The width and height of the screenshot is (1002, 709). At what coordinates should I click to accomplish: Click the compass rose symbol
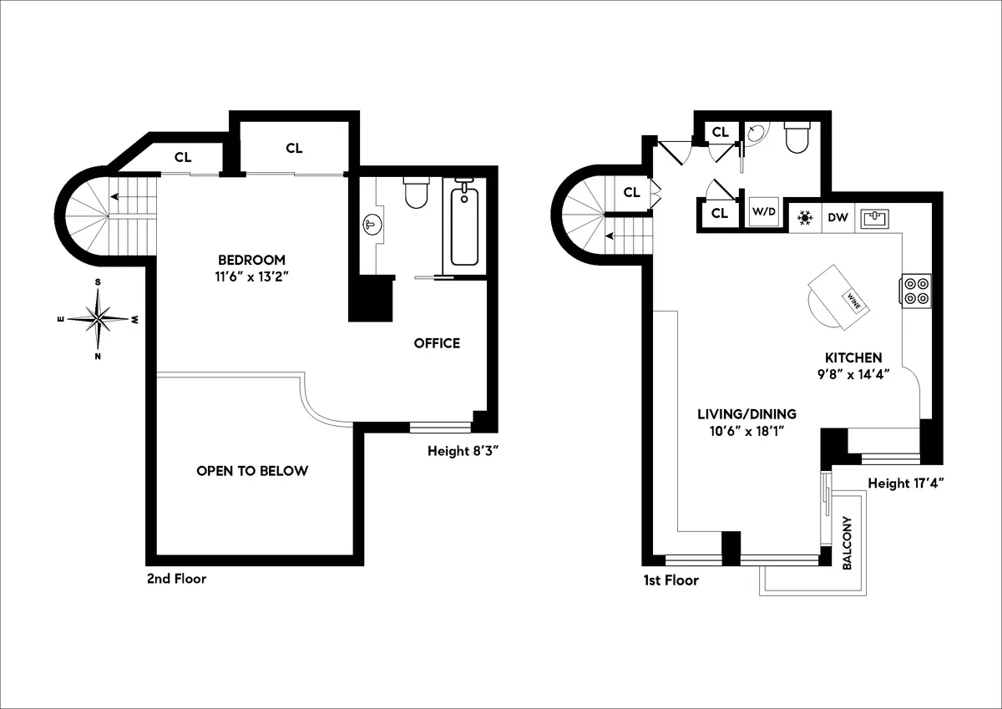pyautogui.click(x=99, y=319)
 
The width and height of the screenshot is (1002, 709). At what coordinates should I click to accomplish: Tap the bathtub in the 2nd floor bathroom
pyautogui.click(x=464, y=225)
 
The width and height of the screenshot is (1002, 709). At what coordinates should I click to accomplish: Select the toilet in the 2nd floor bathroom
pyautogui.click(x=415, y=192)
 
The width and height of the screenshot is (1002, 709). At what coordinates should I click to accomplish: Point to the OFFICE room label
pyautogui.click(x=437, y=343)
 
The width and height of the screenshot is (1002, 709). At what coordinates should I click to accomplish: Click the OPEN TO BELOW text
pyautogui.click(x=252, y=471)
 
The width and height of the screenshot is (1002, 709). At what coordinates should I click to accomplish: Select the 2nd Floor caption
pyautogui.click(x=175, y=578)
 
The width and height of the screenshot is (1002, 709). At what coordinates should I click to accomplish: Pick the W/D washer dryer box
pyautogui.click(x=764, y=210)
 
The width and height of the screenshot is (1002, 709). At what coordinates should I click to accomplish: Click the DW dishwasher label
pyautogui.click(x=838, y=218)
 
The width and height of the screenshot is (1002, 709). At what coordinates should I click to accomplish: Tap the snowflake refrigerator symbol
pyautogui.click(x=806, y=218)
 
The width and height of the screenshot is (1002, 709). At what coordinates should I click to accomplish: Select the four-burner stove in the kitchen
pyautogui.click(x=916, y=290)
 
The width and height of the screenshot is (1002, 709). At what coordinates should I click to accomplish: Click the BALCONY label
pyautogui.click(x=847, y=544)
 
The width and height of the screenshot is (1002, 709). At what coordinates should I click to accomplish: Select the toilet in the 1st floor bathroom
pyautogui.click(x=797, y=138)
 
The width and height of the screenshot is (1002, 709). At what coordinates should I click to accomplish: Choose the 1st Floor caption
pyautogui.click(x=670, y=580)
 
